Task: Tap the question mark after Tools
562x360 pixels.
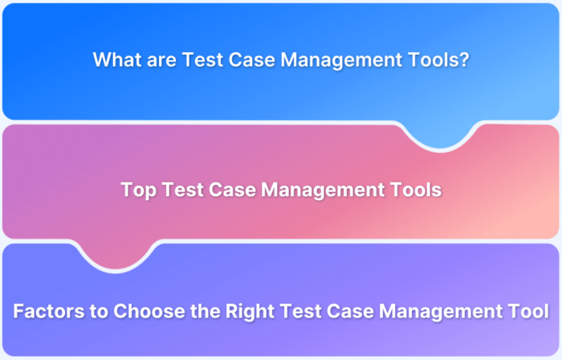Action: pyautogui.click(x=464, y=60)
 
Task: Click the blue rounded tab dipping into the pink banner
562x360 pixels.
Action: pyautogui.click(x=440, y=135)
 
